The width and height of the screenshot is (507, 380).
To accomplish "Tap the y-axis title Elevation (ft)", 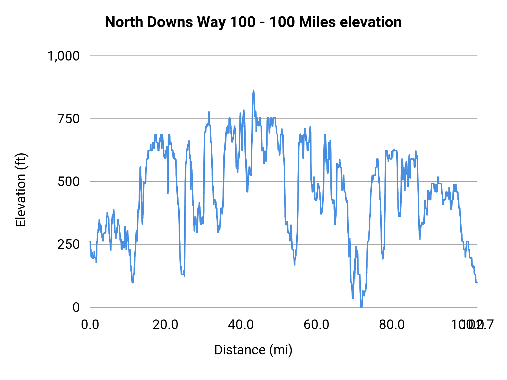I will pyautogui.click(x=21, y=190).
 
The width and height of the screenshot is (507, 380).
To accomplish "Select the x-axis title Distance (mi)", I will pyautogui.click(x=253, y=350).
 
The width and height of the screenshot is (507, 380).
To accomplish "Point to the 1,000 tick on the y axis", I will pyautogui.click(x=64, y=56).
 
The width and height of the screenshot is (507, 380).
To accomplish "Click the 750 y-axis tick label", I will pyautogui.click(x=69, y=119).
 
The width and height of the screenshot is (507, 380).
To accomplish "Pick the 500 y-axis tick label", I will pyautogui.click(x=69, y=182).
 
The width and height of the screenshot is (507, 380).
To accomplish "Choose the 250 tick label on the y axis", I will pyautogui.click(x=69, y=244).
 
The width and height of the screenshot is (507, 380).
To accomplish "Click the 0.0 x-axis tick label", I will pyautogui.click(x=90, y=325).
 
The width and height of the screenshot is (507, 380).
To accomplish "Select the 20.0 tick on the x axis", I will pyautogui.click(x=165, y=325).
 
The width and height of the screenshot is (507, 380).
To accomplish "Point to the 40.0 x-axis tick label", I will pyautogui.click(x=241, y=325).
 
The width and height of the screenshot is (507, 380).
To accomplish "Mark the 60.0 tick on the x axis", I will pyautogui.click(x=316, y=325).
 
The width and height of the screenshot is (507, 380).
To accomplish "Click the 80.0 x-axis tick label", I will pyautogui.click(x=392, y=325).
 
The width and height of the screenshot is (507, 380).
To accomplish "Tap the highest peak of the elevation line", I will pyautogui.click(x=253, y=91).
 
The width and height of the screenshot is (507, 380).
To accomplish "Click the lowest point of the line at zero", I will pyautogui.click(x=361, y=307).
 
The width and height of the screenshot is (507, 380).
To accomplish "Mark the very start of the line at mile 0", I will pyautogui.click(x=90, y=242).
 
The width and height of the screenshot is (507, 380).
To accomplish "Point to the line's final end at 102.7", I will pyautogui.click(x=477, y=282).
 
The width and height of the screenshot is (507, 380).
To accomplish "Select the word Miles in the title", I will pyautogui.click(x=317, y=22).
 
